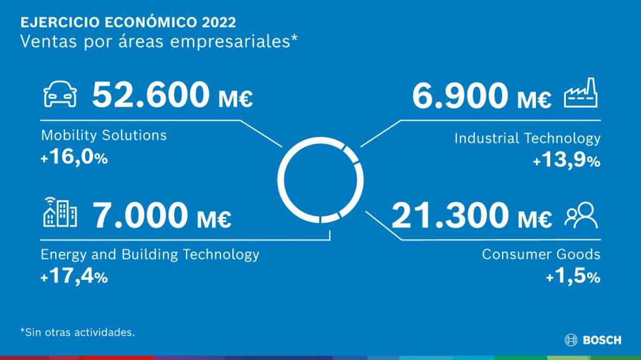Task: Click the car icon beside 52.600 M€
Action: (60, 94)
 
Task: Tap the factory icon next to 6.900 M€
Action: (580, 93)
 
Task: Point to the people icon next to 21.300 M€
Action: (581, 215)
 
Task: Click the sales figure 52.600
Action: (151, 95)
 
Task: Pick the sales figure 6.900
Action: (460, 96)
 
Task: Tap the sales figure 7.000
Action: (140, 215)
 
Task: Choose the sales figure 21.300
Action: (450, 215)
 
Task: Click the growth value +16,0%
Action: (74, 157)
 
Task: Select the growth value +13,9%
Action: (567, 160)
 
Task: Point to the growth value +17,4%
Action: (74, 276)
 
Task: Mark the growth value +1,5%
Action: (573, 276)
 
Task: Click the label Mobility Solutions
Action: (104, 135)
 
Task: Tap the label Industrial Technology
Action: (527, 138)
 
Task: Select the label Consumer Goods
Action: (541, 254)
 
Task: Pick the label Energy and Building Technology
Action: (150, 254)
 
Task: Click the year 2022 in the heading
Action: (218, 22)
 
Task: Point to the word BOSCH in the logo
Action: (602, 340)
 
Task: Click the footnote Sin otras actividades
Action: (79, 332)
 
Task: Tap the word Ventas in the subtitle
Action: (48, 41)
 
